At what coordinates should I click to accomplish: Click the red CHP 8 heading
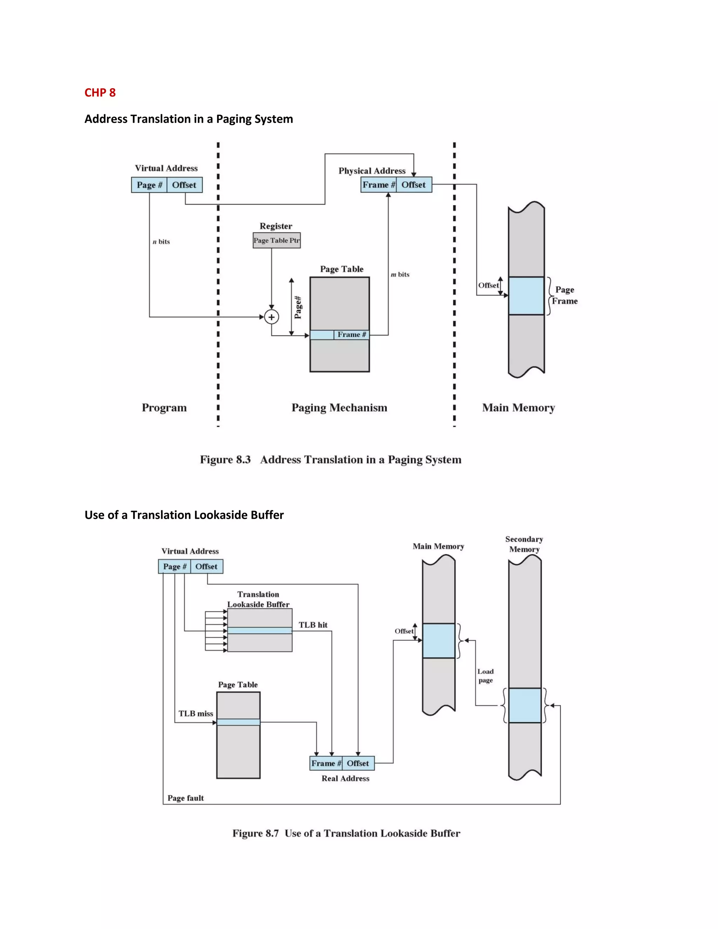(100, 93)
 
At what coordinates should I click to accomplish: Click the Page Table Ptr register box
(277, 240)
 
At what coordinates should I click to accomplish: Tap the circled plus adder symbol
(271, 317)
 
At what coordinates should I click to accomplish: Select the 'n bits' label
(161, 242)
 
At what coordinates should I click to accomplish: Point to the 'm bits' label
(400, 274)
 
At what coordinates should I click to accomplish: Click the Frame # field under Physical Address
(378, 185)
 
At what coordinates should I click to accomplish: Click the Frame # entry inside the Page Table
(351, 335)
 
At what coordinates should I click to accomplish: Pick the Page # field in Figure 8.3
(149, 185)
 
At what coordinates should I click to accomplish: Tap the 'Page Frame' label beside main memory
(565, 295)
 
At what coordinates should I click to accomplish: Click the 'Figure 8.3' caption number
(225, 460)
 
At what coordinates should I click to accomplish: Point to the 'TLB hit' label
(313, 625)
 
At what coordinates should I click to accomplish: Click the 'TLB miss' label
(196, 713)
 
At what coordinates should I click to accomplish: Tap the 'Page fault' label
(185, 798)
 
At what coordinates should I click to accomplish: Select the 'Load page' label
(485, 676)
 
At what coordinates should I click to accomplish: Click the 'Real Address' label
(345, 778)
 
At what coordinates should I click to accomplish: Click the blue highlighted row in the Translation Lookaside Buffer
(259, 630)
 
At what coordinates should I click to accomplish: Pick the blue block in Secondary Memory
(525, 705)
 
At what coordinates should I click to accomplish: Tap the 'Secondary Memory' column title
(524, 544)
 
